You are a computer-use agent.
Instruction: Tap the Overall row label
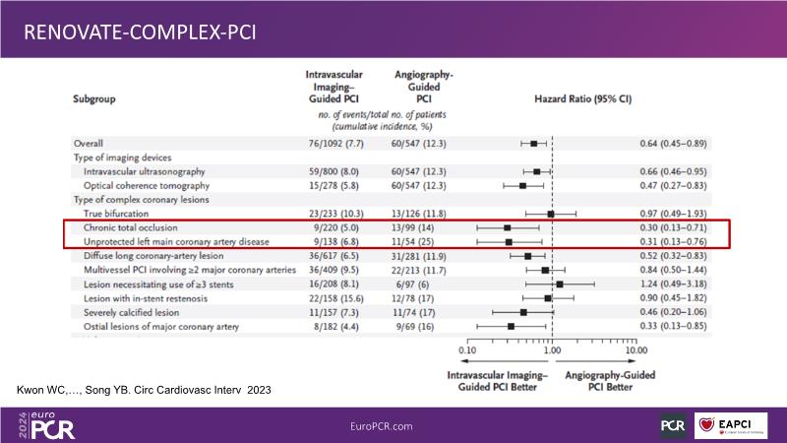(90, 143)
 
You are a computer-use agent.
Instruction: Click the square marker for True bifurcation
(551, 213)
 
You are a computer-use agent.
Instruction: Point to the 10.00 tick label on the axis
(636, 349)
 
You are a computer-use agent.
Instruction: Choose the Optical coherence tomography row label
(147, 185)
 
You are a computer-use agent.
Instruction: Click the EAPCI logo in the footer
(730, 425)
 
